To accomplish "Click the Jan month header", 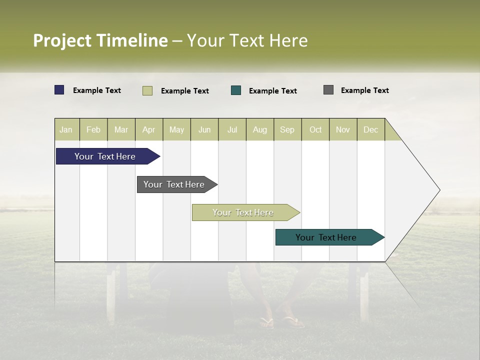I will click(x=66, y=130).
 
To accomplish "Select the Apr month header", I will click(x=148, y=130).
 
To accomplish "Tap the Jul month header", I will click(x=232, y=130).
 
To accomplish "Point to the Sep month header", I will click(x=287, y=130).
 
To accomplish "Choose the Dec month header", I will click(x=370, y=130).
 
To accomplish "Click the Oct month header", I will click(x=315, y=130).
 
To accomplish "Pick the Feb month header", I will click(x=93, y=130).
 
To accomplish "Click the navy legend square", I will click(x=59, y=90).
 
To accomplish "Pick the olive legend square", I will click(x=147, y=90).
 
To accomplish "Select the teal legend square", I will click(x=236, y=90).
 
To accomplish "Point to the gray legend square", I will click(x=328, y=90).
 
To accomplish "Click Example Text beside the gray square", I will click(x=364, y=90).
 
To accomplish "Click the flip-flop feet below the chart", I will click(x=282, y=321).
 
